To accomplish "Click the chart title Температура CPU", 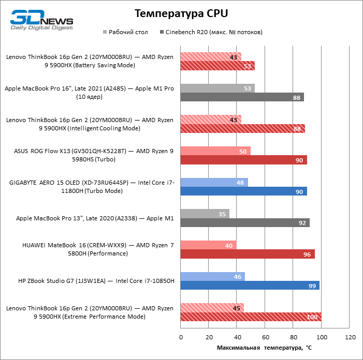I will tap(181, 13).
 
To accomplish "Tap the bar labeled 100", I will tap(251, 317).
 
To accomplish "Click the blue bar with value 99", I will tap(250, 286).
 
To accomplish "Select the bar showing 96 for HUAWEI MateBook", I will tap(248, 254).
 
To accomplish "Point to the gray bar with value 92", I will tap(245, 222).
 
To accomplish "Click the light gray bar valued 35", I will tap(205, 214).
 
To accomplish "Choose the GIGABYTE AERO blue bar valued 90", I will tap(243, 191).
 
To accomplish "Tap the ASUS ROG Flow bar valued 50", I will tap(215, 151).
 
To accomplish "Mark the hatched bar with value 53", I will tap(217, 66).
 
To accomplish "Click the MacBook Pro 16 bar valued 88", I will tap(242, 97).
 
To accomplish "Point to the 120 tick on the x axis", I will tap(350, 337).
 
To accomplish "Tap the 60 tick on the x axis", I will tap(265, 337).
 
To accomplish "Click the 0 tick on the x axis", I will tap(181, 337).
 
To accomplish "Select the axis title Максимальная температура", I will tap(264, 348).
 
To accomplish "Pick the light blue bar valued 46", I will tap(212, 277).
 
